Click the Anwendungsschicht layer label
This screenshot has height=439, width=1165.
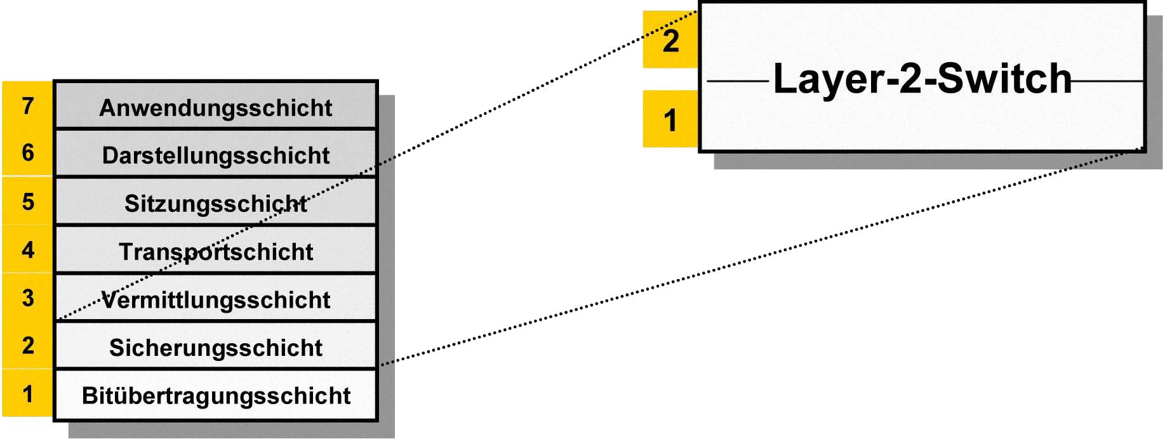coord(216,108)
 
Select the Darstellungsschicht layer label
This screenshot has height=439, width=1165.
coord(216,155)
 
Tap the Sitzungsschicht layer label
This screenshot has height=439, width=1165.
coord(216,204)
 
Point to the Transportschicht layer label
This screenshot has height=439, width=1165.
coord(216,252)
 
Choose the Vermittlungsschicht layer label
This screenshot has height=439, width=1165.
coord(216,299)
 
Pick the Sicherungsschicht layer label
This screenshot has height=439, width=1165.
coord(216,348)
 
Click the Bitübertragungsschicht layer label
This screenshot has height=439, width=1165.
coord(216,396)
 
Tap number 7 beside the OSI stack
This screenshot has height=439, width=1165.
coord(28,105)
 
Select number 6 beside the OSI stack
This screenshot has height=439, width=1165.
coord(28,153)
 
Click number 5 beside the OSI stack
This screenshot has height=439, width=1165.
coord(28,202)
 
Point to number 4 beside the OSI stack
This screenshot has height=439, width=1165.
coord(28,250)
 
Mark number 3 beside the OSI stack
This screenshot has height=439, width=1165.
coord(28,298)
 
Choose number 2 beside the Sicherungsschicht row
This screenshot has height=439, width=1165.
coord(28,346)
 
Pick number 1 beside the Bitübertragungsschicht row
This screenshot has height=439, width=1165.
coord(28,394)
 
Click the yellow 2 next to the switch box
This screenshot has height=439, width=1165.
coord(671,41)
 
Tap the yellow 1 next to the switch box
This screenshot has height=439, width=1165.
coord(670,121)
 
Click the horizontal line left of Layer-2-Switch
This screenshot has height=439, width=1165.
coord(738,81)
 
